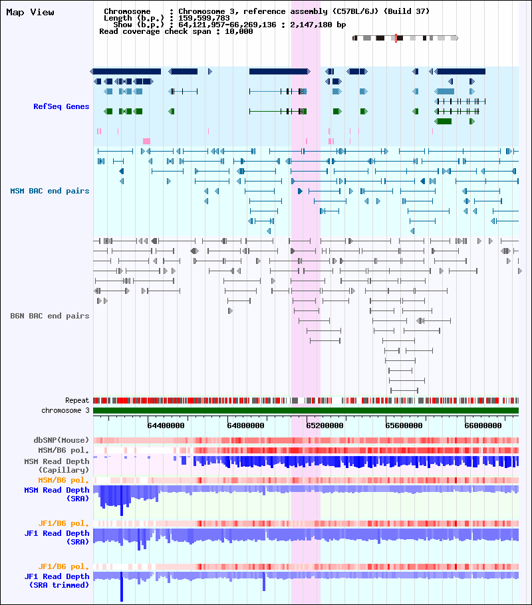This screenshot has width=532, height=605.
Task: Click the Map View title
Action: (x=30, y=13)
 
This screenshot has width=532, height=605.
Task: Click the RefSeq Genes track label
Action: (x=61, y=106)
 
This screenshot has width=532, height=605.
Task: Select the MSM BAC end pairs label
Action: (x=49, y=191)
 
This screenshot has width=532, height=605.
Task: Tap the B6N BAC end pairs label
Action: (x=49, y=316)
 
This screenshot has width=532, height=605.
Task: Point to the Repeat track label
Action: (x=77, y=400)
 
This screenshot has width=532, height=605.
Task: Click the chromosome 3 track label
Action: (x=65, y=411)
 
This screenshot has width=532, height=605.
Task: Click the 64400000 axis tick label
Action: (x=166, y=425)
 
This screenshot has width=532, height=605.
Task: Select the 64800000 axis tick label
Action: (x=245, y=425)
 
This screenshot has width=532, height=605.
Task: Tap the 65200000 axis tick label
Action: (x=325, y=425)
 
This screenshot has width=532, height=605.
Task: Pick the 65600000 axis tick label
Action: (x=404, y=425)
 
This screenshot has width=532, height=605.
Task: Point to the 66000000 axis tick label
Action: (x=483, y=425)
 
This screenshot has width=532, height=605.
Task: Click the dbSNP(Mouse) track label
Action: (x=61, y=440)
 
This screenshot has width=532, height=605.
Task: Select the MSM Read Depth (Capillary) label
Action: (x=57, y=465)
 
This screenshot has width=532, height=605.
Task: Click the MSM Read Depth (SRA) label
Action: (x=57, y=494)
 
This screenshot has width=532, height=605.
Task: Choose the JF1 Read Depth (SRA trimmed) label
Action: (x=57, y=580)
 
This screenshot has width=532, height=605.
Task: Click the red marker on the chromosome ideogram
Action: (x=396, y=38)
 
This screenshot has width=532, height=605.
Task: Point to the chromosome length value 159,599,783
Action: (x=204, y=18)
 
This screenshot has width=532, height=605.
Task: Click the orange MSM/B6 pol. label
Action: (x=63, y=481)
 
